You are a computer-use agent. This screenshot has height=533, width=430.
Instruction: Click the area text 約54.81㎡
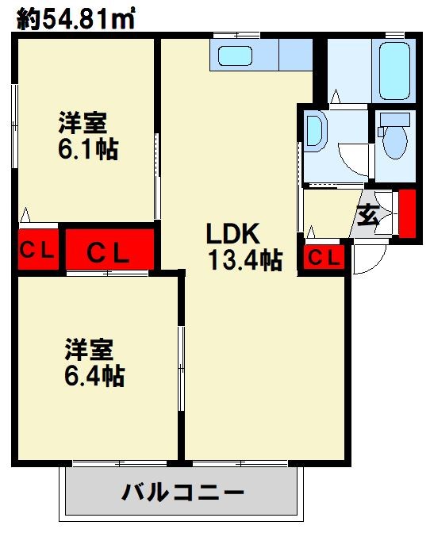coord(75,18)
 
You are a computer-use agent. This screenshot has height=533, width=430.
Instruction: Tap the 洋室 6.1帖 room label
coord(88,136)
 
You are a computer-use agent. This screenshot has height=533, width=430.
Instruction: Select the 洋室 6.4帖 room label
coord(94,362)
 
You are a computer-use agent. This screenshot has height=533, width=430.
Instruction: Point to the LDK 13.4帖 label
coord(244,247)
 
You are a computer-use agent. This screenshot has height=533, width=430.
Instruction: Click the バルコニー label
coord(183,493)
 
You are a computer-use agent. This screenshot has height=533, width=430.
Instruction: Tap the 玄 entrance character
coord(367,216)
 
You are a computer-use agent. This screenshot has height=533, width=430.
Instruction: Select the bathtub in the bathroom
coord(394,71)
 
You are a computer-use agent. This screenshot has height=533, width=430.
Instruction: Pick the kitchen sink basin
coord(235,56)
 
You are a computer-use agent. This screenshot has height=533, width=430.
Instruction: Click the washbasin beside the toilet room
coord(315,130)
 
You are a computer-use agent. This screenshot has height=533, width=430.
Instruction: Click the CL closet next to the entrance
coord(324,258)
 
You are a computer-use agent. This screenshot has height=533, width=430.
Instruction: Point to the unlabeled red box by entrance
coord(407,213)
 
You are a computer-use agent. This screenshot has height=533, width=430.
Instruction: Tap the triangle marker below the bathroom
coord(336,96)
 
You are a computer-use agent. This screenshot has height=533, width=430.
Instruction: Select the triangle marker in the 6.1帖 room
coord(25,215)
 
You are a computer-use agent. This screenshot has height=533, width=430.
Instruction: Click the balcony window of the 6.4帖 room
coord(120,463)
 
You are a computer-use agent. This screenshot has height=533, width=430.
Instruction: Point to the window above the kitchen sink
coord(237,35)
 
